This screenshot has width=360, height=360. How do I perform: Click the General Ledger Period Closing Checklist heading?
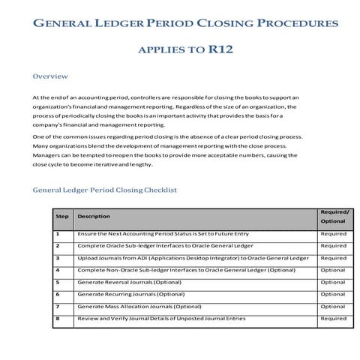point(104,190)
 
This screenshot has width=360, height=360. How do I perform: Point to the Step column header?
point(62,216)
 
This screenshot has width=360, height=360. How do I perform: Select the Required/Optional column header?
point(334,217)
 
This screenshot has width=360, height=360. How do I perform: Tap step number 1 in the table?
point(58,234)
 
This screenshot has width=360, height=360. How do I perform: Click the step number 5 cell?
point(58,282)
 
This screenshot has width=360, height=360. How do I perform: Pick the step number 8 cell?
point(58,318)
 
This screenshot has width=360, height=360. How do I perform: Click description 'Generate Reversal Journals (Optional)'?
point(130,282)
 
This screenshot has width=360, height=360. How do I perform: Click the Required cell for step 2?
point(333,246)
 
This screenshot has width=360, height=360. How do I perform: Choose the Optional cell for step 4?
point(333,270)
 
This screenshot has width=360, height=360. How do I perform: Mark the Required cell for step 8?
point(333,318)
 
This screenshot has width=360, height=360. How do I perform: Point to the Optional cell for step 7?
point(333,306)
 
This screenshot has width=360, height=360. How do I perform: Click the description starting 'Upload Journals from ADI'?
point(193,258)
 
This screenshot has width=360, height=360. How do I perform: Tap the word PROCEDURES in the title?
point(288,24)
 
